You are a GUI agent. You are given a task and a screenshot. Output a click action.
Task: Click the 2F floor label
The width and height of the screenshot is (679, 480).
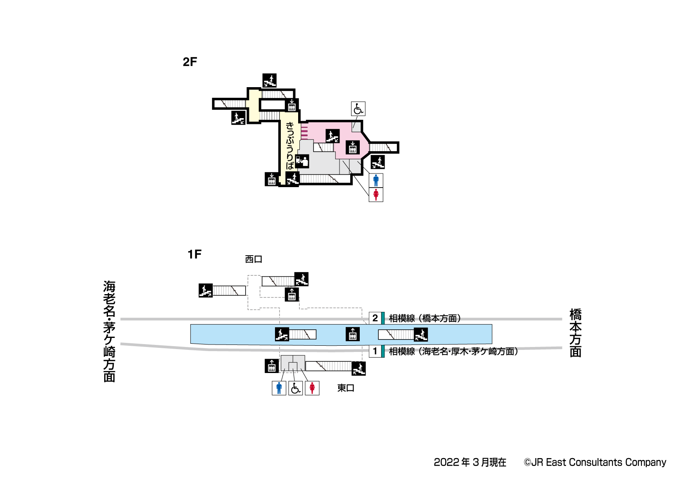(x=190, y=62)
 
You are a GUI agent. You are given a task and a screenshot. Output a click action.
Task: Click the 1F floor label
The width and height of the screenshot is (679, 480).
(x=194, y=254)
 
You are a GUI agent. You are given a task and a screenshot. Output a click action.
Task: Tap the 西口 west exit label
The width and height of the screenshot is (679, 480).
(x=253, y=259)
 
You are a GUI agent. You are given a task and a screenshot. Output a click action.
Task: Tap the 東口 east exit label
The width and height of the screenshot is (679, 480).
(x=346, y=388)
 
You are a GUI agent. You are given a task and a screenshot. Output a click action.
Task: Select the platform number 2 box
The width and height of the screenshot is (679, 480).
(x=375, y=318)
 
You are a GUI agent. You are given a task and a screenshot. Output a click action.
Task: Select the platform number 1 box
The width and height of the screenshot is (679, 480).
(x=375, y=351)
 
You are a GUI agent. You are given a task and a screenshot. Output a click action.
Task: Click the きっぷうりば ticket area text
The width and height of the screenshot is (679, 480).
(x=290, y=145)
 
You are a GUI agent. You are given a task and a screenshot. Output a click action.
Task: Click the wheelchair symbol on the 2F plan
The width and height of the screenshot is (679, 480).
(x=358, y=109)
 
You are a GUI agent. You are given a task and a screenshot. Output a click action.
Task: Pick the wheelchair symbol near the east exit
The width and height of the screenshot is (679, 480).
(x=295, y=388)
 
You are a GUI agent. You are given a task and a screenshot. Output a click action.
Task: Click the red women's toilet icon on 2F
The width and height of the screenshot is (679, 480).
(x=376, y=195)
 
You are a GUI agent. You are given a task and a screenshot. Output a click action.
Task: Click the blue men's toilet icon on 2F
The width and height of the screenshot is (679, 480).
(x=376, y=181)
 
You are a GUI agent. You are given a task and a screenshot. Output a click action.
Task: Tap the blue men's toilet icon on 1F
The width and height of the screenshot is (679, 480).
(x=279, y=388)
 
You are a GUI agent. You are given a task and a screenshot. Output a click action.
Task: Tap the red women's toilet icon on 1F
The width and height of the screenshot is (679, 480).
(x=312, y=388)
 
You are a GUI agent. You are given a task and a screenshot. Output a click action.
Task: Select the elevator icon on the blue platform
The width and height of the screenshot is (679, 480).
(x=353, y=334)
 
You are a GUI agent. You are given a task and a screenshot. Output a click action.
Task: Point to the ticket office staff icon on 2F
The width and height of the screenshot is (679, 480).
(x=302, y=161)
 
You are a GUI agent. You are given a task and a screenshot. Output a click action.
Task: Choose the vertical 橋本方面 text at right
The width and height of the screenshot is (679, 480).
(x=575, y=333)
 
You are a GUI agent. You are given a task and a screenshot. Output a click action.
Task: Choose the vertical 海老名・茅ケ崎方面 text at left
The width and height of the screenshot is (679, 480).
(x=109, y=331)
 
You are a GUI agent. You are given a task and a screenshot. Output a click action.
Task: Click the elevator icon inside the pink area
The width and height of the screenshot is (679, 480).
(x=353, y=147)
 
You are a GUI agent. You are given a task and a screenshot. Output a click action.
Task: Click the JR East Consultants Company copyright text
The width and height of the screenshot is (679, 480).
(x=595, y=462)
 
